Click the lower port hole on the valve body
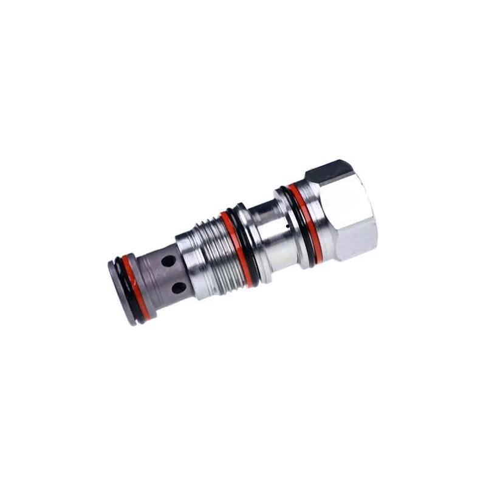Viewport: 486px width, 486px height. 179,287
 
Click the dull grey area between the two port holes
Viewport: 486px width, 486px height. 173,275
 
